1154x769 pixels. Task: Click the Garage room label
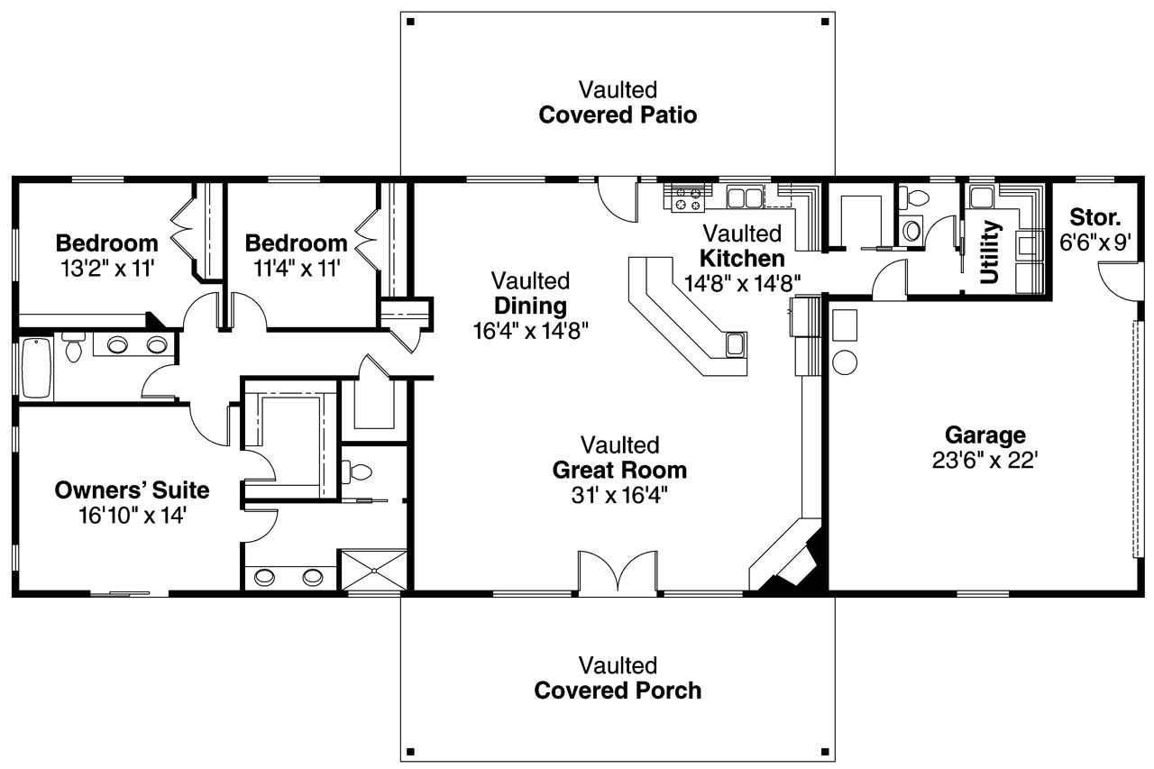[985, 435]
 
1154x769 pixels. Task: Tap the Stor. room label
[1095, 217]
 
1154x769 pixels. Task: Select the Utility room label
[990, 252]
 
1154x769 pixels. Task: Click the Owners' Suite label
[132, 490]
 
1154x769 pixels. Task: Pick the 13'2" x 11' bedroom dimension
[106, 268]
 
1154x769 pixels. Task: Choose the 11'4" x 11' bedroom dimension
[296, 268]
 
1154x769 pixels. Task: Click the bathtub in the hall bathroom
[36, 367]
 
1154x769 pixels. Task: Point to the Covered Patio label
[618, 115]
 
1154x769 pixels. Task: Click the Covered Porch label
[618, 691]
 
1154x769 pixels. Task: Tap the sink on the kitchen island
[736, 343]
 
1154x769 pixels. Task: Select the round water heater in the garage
[845, 362]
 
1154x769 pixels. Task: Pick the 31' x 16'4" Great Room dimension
[619, 495]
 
